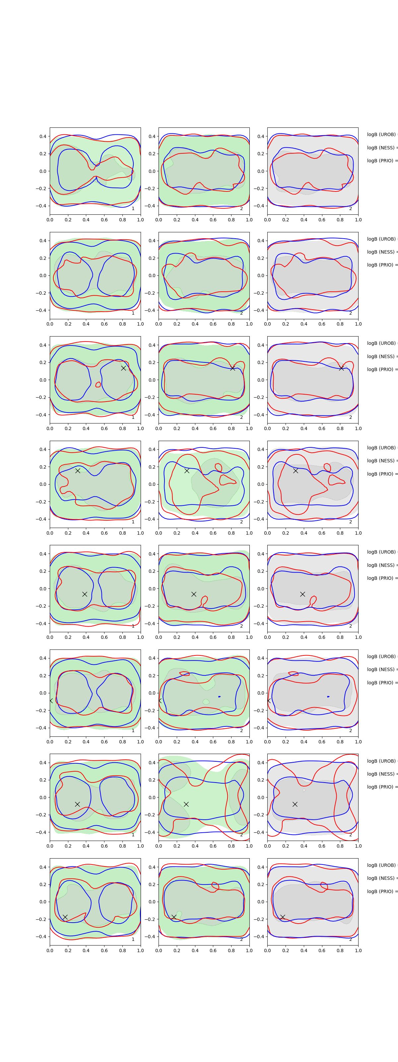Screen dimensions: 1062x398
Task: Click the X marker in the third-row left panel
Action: pos(123,368)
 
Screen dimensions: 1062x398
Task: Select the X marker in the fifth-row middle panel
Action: pos(194,594)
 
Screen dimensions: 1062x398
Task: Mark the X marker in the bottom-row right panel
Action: pos(283,917)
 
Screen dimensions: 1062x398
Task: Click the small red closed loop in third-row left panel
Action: pos(98,385)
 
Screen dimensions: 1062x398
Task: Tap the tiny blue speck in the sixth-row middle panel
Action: pos(219,696)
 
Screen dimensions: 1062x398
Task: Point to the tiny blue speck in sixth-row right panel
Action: pos(328,696)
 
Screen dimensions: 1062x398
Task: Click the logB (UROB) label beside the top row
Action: pos(381,134)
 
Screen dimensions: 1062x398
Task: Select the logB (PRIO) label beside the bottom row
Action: pos(381,891)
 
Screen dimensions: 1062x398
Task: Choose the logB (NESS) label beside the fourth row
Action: pos(381,461)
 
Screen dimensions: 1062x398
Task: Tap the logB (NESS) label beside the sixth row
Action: pos(381,669)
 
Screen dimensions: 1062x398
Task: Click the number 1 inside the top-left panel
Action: pos(133,209)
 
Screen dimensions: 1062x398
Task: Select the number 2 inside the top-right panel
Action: pos(351,209)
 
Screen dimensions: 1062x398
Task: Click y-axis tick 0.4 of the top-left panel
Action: pos(43,136)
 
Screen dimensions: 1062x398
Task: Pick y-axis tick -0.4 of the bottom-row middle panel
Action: pos(151,937)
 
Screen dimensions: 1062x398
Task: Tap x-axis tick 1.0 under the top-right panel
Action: pos(358,220)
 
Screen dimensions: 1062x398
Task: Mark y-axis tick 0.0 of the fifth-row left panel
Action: pos(43,589)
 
